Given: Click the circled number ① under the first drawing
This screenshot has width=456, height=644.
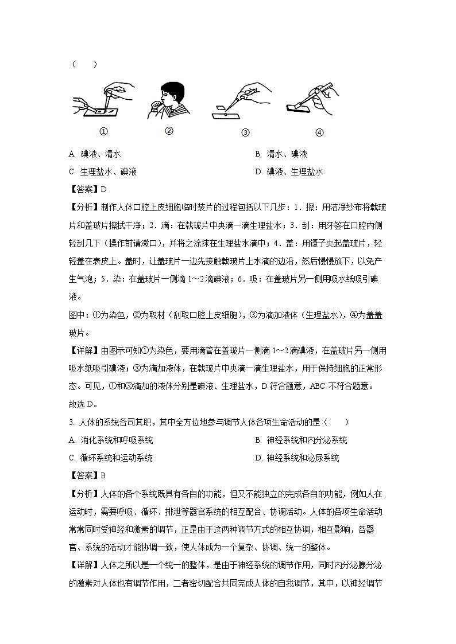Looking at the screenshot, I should pos(104,131).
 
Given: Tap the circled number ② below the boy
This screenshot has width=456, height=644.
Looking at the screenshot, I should pos(169,130).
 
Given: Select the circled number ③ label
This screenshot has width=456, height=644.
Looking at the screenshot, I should pos(245,132).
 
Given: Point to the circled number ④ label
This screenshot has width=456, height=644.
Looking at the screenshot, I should pos(319,132).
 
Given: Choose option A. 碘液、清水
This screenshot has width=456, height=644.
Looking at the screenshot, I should pos(95,154).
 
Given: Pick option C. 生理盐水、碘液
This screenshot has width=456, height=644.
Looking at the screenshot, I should pos(102,171).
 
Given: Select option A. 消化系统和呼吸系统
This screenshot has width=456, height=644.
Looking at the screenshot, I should pos(110,440).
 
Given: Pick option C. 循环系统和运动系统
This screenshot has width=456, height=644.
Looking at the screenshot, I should pos(110,458).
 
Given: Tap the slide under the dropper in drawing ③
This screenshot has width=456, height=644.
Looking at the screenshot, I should pos(225,116).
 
